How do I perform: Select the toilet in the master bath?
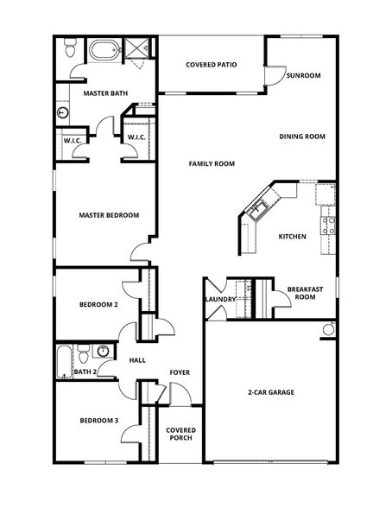(70, 51)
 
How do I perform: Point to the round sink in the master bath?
(62, 112)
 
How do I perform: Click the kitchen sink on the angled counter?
(257, 207)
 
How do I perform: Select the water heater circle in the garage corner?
(328, 329)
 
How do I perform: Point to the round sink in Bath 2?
(103, 351)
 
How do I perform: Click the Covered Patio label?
(212, 65)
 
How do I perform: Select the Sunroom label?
(303, 75)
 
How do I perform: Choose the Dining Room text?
(301, 136)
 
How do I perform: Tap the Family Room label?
(212, 163)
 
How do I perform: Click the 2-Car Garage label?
(270, 392)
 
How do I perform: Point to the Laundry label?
(220, 299)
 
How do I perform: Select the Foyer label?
(180, 372)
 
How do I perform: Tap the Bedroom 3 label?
(98, 421)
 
